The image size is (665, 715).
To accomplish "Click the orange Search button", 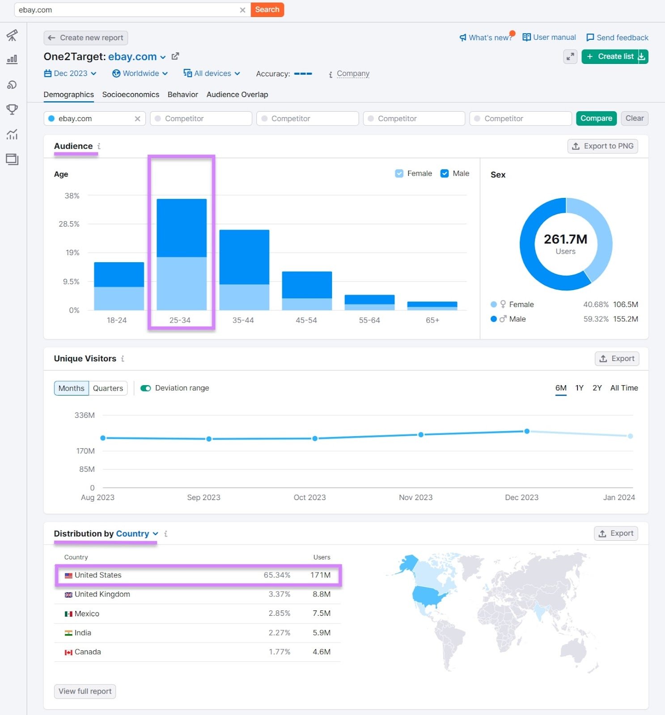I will [267, 9].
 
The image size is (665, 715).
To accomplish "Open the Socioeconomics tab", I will [131, 94].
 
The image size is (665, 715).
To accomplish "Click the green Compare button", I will [596, 118].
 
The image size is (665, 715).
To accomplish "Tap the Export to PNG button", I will [602, 146].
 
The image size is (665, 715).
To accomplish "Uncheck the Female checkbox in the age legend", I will [399, 173].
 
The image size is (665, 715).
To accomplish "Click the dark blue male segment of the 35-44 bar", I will [244, 257].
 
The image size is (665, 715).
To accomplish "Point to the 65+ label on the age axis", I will [432, 320].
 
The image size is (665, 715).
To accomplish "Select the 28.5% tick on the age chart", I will [69, 224].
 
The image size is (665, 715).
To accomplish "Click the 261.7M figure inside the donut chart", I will [565, 239].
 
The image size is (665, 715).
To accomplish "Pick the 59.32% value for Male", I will [596, 319].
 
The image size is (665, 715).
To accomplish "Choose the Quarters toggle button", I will [108, 388].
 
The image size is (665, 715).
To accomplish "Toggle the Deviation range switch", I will [146, 388].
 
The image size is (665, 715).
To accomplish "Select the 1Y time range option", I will [579, 388].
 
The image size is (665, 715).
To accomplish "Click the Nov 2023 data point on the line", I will [421, 434].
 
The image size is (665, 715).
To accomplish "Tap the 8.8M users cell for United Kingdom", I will [322, 594].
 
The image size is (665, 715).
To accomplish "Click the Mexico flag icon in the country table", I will [68, 614].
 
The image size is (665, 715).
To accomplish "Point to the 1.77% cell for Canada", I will [280, 652].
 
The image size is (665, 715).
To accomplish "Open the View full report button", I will [85, 691].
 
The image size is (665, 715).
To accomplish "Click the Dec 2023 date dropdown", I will [71, 73].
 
